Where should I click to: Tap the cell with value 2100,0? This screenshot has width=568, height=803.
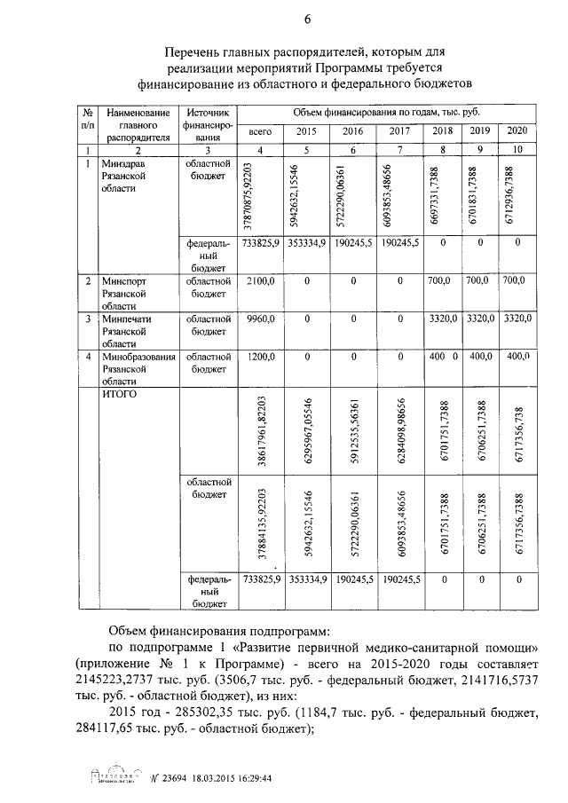[x=260, y=280]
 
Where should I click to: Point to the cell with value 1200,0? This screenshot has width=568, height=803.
[x=260, y=356]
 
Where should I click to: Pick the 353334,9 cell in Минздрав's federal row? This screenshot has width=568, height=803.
[x=307, y=241]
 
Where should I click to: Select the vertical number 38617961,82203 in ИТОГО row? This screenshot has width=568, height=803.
[x=260, y=430]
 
